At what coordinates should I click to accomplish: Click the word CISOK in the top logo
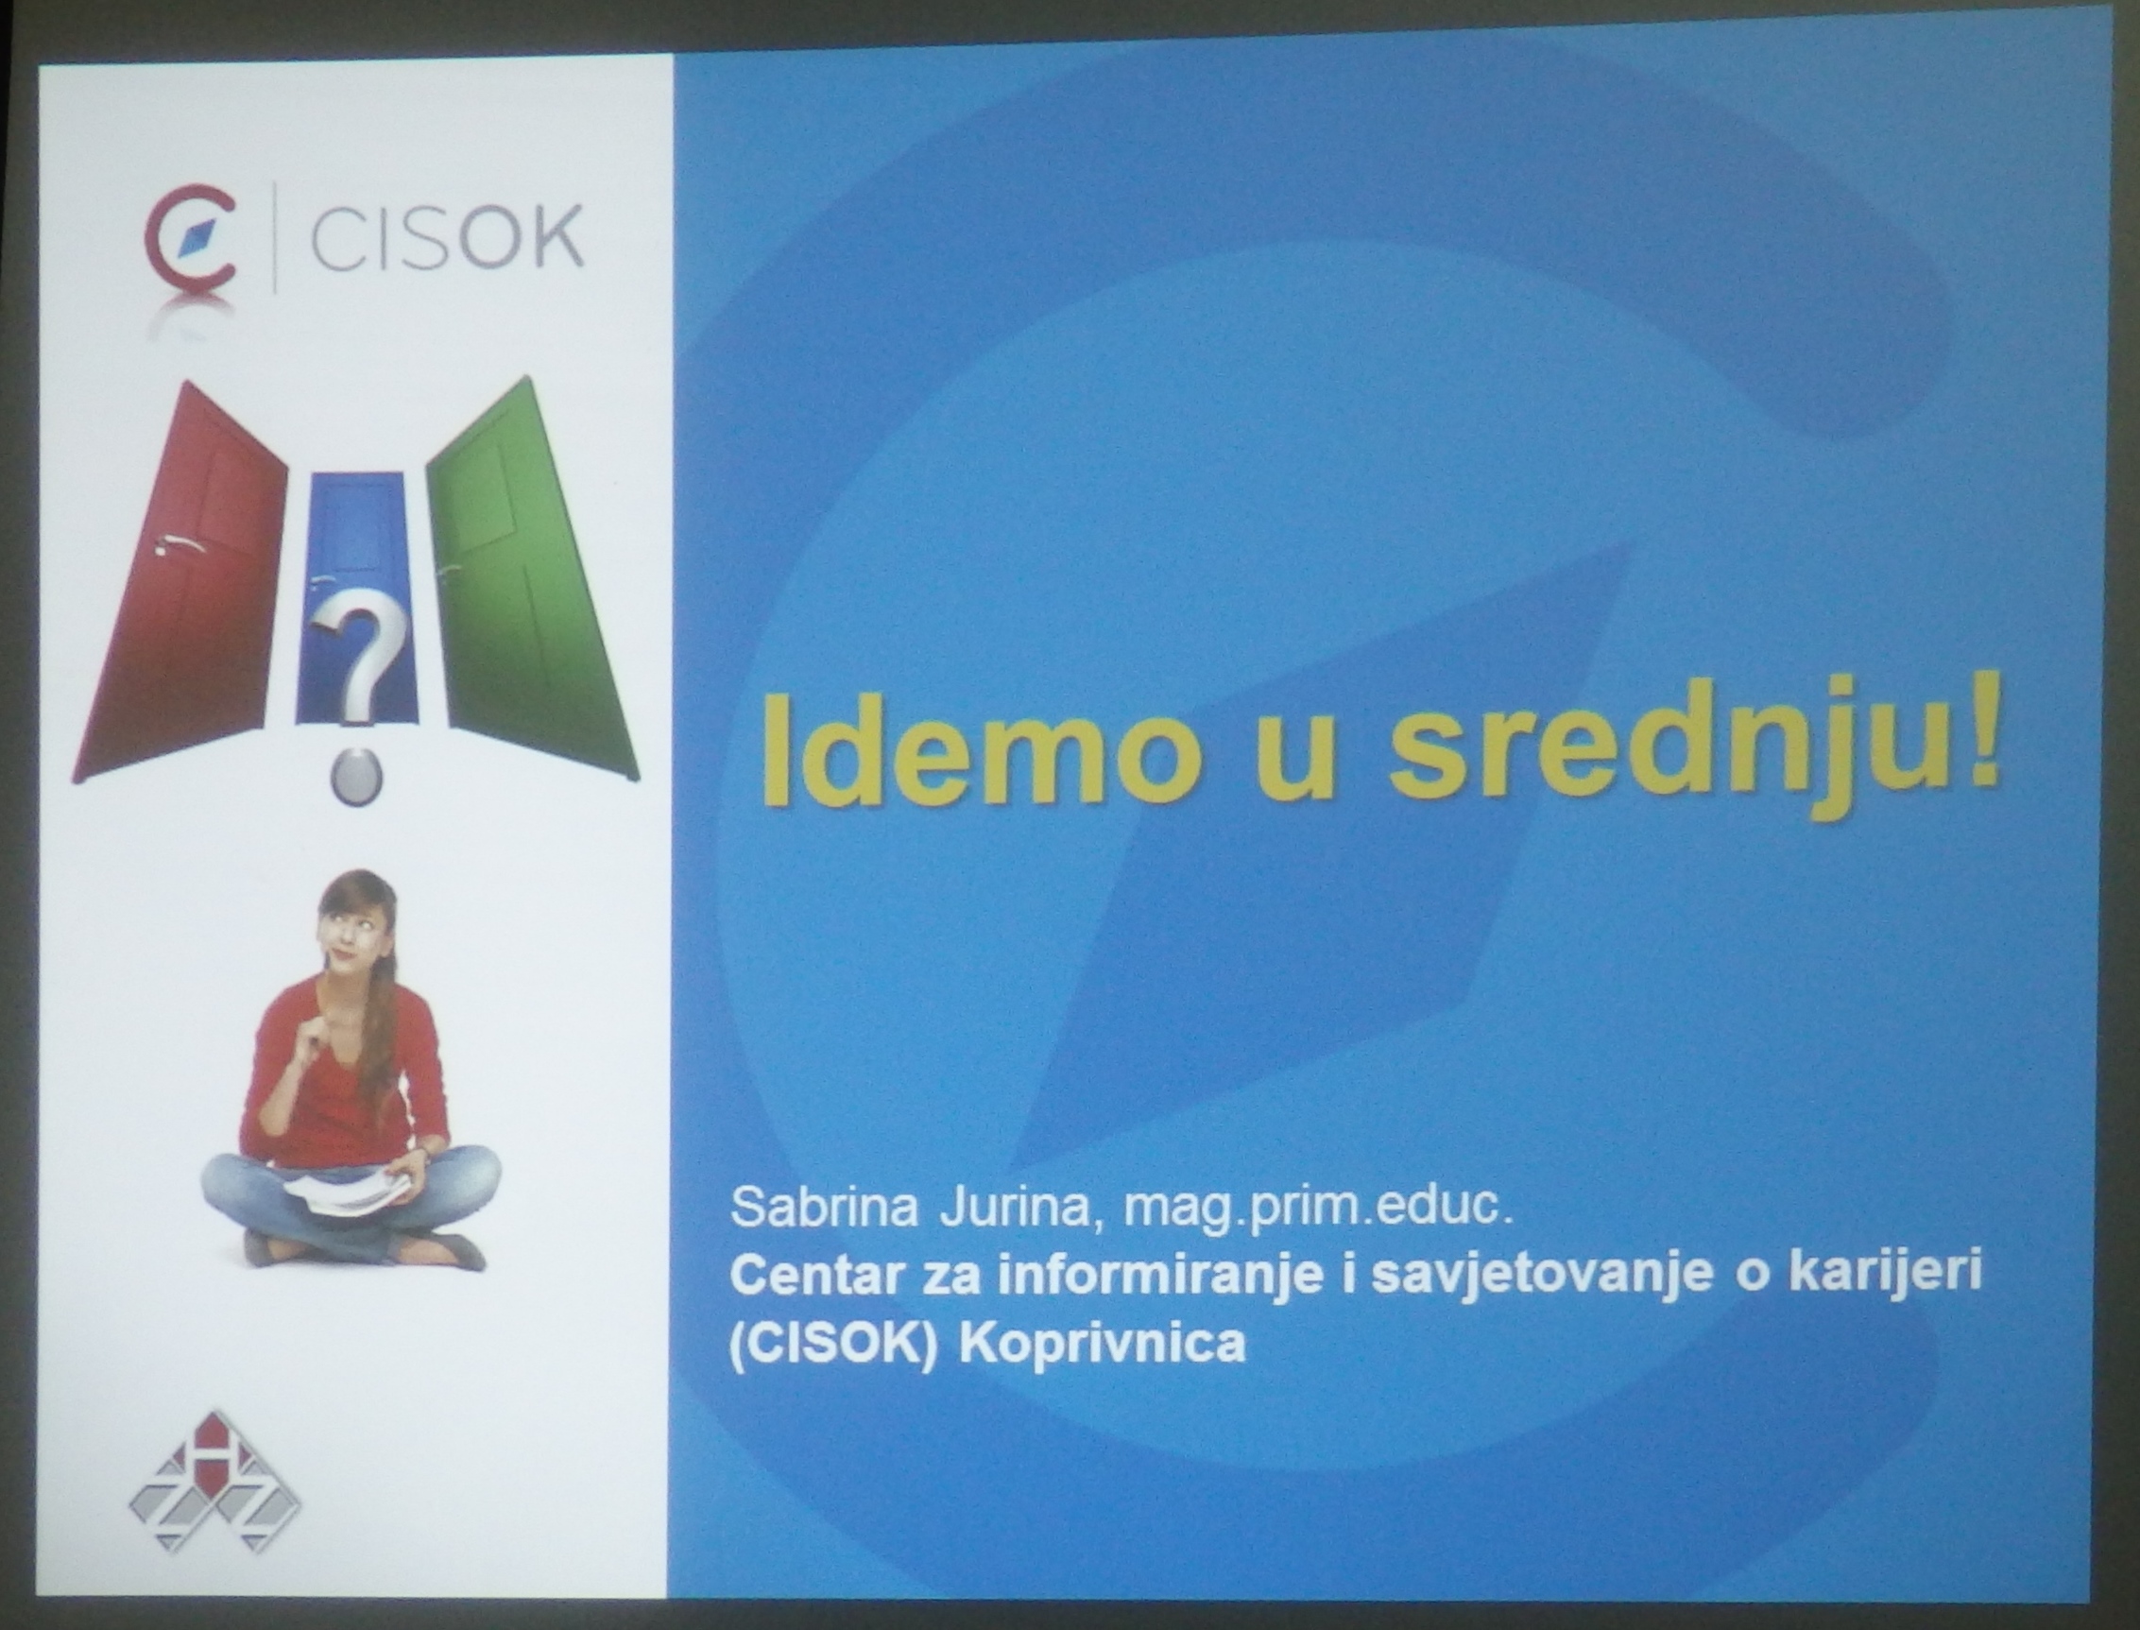[446, 237]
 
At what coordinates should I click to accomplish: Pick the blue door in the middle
[357, 596]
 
